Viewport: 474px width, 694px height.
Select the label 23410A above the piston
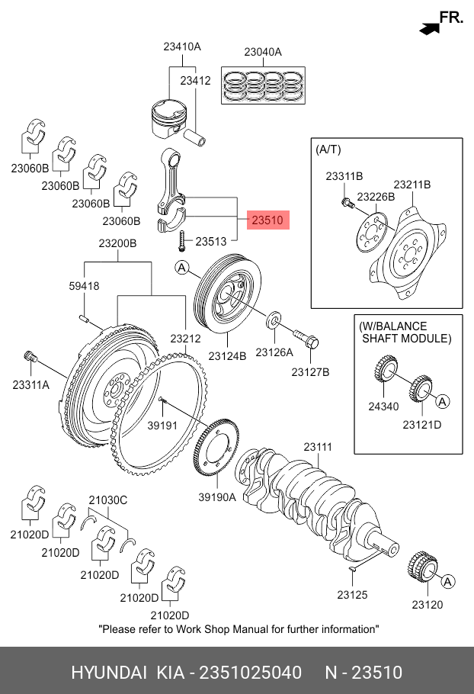point(181,47)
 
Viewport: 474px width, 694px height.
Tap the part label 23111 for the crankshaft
point(319,447)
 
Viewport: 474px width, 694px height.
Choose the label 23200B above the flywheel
point(117,243)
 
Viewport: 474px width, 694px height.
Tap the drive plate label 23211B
point(412,185)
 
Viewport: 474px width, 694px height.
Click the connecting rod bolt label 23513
point(210,241)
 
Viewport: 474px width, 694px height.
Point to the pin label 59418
point(84,286)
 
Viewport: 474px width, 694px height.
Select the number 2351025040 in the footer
point(248,673)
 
